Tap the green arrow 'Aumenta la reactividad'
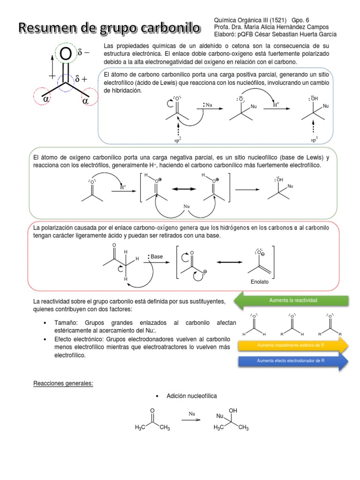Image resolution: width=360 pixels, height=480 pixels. pyautogui.click(x=293, y=300)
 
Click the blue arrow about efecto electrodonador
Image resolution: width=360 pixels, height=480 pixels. pyautogui.click(x=293, y=361)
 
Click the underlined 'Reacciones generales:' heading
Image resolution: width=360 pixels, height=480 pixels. pyautogui.click(x=63, y=383)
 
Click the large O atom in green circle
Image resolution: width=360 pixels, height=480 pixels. pyautogui.click(x=66, y=55)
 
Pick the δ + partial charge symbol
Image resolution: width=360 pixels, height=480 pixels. pyautogui.click(x=81, y=80)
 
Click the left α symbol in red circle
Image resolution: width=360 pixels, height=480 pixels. pyautogui.click(x=46, y=100)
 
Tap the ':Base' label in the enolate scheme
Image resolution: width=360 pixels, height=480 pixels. pyautogui.click(x=156, y=257)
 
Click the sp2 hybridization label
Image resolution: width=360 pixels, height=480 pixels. pyautogui.click(x=178, y=139)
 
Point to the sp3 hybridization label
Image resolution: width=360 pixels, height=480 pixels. pyautogui.click(x=315, y=139)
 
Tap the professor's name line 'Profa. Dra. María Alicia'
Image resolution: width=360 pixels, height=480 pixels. pyautogui.click(x=271, y=27)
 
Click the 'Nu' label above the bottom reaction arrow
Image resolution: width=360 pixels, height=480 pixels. pyautogui.click(x=192, y=414)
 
